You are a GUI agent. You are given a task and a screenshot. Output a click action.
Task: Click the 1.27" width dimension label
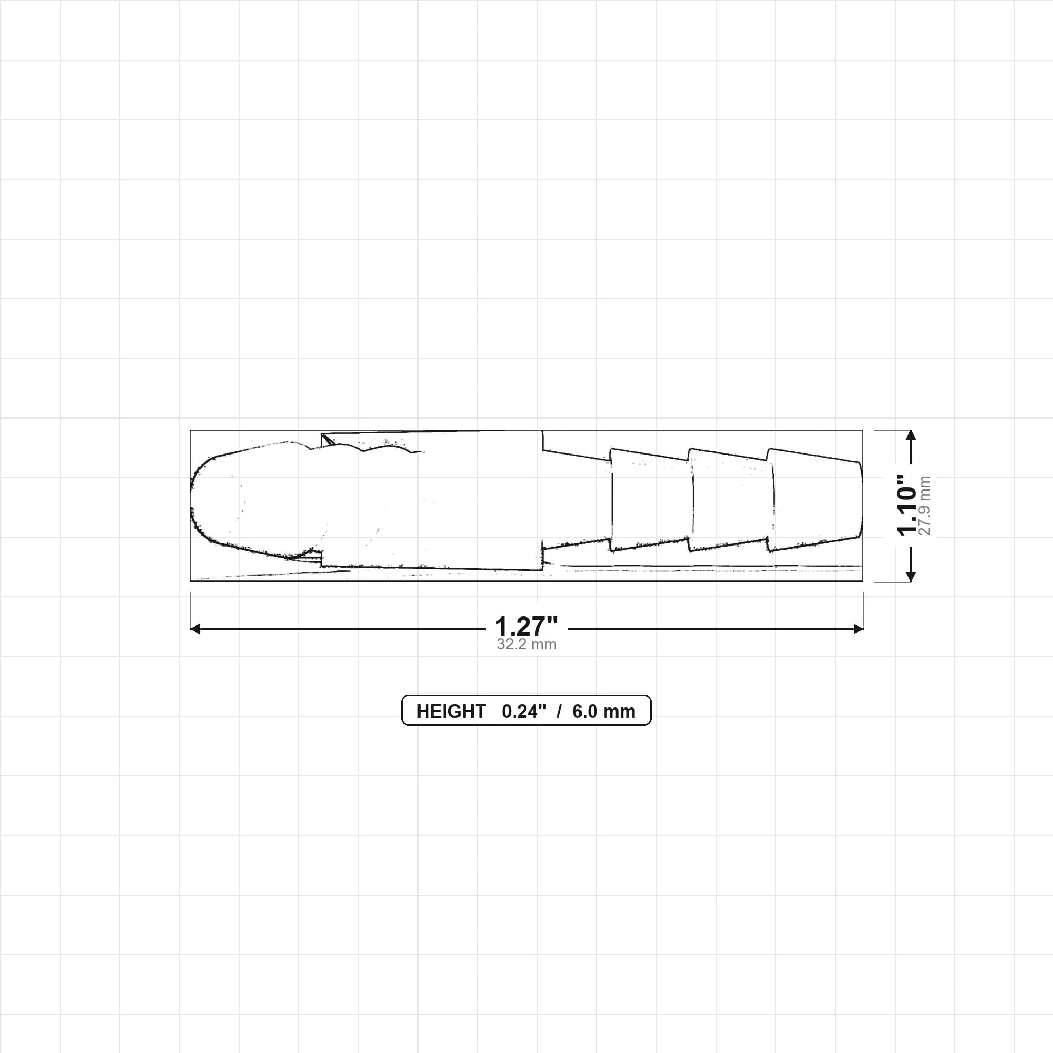point(526,626)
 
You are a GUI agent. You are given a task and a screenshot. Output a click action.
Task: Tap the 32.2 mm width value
point(526,644)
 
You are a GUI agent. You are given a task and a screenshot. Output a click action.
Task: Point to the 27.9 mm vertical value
point(925,505)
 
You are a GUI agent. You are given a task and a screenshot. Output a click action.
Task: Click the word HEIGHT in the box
point(451,711)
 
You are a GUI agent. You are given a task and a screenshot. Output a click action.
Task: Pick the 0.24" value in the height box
point(523,711)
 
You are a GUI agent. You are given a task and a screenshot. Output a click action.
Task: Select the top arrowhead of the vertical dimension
point(910,435)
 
